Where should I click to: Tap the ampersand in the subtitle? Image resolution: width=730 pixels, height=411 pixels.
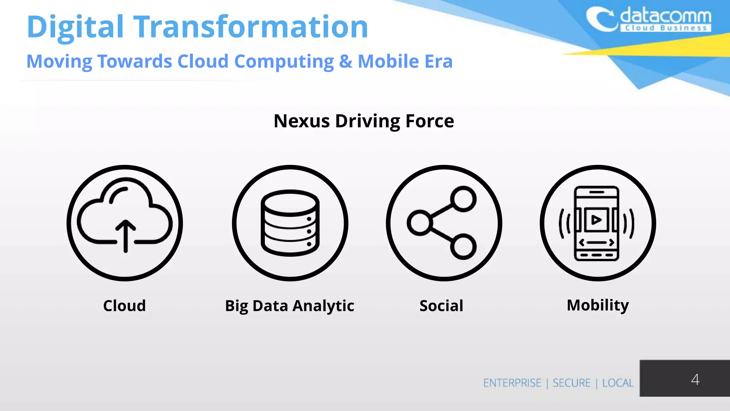[x=345, y=61]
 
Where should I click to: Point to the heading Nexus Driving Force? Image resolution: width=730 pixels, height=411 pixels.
[x=364, y=121]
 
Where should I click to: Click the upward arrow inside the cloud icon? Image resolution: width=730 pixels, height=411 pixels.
[x=125, y=235]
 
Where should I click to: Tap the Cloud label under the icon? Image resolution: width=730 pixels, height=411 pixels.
[x=124, y=306]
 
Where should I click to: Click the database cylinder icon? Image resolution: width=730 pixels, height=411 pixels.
[x=290, y=223]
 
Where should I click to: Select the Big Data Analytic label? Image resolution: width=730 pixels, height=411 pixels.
[x=289, y=306]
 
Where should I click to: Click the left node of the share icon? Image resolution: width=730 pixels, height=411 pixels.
[x=420, y=223]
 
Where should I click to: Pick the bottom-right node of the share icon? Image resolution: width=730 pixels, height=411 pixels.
[x=463, y=247]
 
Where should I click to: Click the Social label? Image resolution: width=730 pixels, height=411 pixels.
[x=441, y=306]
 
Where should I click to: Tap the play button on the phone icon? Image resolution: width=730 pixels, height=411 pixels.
[x=596, y=220]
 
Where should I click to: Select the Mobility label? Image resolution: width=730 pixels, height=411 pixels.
[x=598, y=305]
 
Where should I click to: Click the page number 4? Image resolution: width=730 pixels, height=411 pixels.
[x=695, y=379]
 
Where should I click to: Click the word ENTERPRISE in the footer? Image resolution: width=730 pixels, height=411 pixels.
[x=512, y=383]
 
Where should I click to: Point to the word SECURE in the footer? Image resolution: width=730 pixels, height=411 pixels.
[x=571, y=383]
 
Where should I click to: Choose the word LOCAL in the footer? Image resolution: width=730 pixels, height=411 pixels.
[x=618, y=383]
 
